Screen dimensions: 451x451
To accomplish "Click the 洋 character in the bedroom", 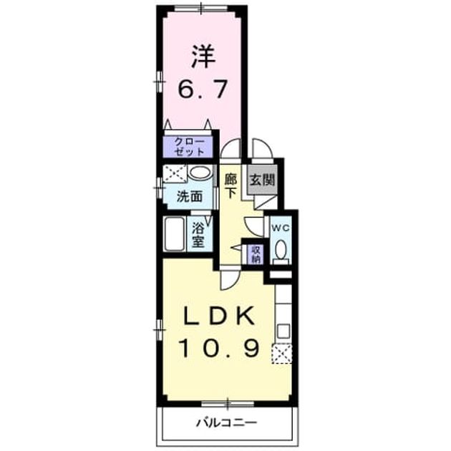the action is [203, 56].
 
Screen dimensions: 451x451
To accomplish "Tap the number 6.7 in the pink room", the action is [203, 89].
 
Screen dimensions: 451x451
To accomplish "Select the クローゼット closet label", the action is [189, 147].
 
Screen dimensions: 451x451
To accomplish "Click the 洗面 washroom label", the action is [189, 196].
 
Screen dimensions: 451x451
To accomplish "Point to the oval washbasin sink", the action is [200, 173].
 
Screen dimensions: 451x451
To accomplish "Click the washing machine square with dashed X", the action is [175, 173].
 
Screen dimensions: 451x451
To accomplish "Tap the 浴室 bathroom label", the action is [198, 235].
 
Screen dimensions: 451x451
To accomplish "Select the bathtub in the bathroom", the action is [175, 234].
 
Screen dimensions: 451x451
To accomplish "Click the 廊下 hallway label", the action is [231, 185].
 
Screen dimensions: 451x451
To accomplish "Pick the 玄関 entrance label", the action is [262, 180].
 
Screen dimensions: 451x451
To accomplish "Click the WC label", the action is [281, 228].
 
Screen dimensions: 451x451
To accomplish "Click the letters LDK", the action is [218, 316].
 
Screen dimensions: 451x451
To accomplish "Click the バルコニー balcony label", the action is [226, 422].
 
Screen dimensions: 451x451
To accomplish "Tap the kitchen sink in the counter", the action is [283, 331].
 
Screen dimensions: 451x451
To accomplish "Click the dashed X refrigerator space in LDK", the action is [281, 354].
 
